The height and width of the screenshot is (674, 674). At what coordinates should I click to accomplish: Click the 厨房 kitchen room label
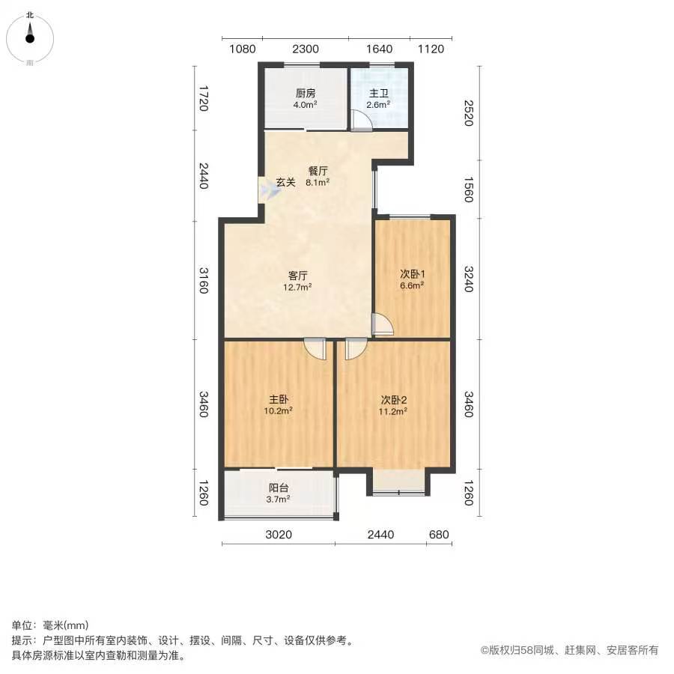pos(306,94)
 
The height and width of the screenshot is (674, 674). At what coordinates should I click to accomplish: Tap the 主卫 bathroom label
pos(379,94)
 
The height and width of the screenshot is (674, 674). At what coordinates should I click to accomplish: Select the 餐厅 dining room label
pos(318,171)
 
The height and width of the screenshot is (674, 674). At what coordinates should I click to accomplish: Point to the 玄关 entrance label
pos(286,182)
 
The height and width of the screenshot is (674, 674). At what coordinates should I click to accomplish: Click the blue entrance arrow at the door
pos(270,189)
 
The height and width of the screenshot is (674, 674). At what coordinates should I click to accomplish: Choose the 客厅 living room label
pos(298,276)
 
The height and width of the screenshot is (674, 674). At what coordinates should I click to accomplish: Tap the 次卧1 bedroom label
pos(413,274)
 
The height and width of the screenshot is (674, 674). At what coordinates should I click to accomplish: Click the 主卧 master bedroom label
pos(279,400)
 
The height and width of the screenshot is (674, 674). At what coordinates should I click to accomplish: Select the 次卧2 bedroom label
pos(394,400)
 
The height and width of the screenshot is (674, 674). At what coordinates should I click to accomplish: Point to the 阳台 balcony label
pos(279,488)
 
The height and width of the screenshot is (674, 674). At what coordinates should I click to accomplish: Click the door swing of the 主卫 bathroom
pos(362,121)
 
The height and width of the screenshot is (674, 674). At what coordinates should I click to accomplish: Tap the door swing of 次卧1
pos(383,324)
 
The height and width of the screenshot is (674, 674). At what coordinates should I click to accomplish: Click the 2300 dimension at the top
pos(306,49)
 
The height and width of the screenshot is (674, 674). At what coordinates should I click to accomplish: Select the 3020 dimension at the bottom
pos(279,535)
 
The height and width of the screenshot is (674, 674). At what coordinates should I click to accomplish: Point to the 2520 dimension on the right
pos(469,113)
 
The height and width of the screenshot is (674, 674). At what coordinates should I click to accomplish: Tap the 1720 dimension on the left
pos(204,98)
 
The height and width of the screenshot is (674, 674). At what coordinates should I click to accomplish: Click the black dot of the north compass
pos(30,39)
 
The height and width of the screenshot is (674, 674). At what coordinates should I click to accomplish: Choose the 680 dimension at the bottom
pos(439,535)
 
